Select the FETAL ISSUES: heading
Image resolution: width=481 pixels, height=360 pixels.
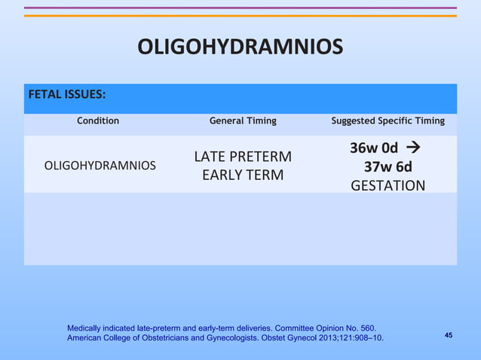(x=66, y=95)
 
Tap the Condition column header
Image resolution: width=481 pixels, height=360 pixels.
(x=98, y=121)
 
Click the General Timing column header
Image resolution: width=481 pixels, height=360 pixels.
(x=243, y=121)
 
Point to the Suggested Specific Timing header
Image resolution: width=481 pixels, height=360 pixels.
(x=388, y=121)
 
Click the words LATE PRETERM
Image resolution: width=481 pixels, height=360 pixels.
(x=243, y=157)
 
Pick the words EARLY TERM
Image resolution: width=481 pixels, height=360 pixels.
(x=243, y=175)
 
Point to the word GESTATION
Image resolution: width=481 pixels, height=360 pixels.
(x=388, y=185)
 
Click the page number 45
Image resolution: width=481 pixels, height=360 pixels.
(x=449, y=334)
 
